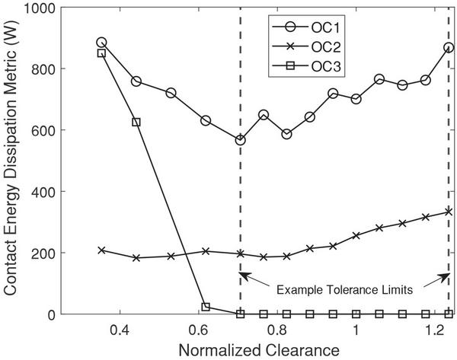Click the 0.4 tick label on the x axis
point(119,330)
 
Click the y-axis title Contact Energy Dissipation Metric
point(13,161)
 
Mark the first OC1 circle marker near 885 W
point(101,43)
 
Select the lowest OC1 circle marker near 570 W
point(240,140)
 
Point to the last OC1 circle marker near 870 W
point(449,47)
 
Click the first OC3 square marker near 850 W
point(101,53)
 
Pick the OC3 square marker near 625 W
point(136,122)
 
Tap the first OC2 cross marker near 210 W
point(101,250)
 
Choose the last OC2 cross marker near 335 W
point(449,212)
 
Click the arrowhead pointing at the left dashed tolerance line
point(244,275)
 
